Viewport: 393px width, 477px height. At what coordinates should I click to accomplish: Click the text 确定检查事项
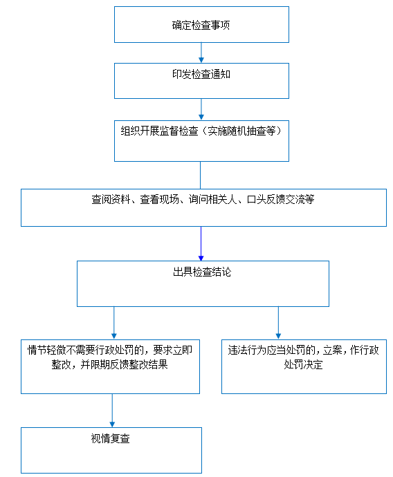[201, 25]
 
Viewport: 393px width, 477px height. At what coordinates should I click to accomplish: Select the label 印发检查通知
[201, 74]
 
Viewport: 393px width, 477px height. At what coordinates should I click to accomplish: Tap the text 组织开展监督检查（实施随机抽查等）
[201, 131]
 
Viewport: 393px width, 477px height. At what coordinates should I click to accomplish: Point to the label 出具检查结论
[202, 272]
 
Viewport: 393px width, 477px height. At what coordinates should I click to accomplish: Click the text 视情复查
[111, 438]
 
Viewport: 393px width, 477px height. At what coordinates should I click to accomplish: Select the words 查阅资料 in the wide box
[111, 199]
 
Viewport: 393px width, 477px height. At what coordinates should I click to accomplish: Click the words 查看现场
[160, 199]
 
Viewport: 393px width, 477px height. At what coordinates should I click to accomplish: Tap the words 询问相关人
[213, 199]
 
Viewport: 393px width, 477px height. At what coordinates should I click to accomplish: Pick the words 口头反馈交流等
[281, 199]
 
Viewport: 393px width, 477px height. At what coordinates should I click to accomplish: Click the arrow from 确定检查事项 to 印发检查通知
[201, 53]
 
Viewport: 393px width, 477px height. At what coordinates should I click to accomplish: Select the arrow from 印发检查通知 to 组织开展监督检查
[201, 109]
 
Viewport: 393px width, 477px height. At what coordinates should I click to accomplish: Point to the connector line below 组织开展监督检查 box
[200, 175]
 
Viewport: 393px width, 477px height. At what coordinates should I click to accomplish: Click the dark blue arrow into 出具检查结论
[201, 243]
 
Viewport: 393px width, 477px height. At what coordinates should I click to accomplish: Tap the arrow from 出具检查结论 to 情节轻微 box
[114, 323]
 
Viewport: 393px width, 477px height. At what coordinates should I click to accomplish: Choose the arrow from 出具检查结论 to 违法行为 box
[278, 323]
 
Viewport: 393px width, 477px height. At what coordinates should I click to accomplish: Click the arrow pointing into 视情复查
[112, 411]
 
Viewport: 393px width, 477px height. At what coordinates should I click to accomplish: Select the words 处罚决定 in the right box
[304, 364]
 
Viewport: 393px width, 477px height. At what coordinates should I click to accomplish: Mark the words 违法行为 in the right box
[248, 350]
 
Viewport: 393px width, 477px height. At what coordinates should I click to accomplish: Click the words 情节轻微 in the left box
[47, 350]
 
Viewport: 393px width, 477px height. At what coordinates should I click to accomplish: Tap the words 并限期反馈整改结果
[124, 364]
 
